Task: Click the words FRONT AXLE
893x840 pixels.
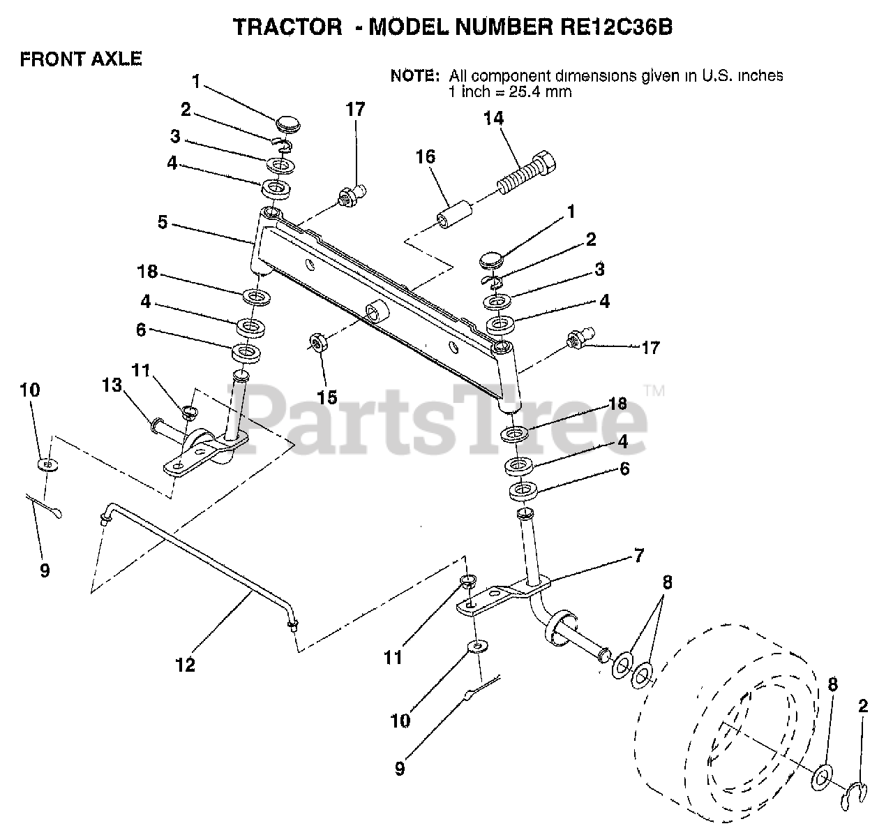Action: [x=81, y=59]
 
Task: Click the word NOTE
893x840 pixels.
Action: [x=414, y=75]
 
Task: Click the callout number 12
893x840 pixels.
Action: [x=186, y=665]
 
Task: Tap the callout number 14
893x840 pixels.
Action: [x=493, y=119]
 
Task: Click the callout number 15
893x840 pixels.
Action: [x=327, y=397]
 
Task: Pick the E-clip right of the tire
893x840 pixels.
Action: [x=857, y=792]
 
